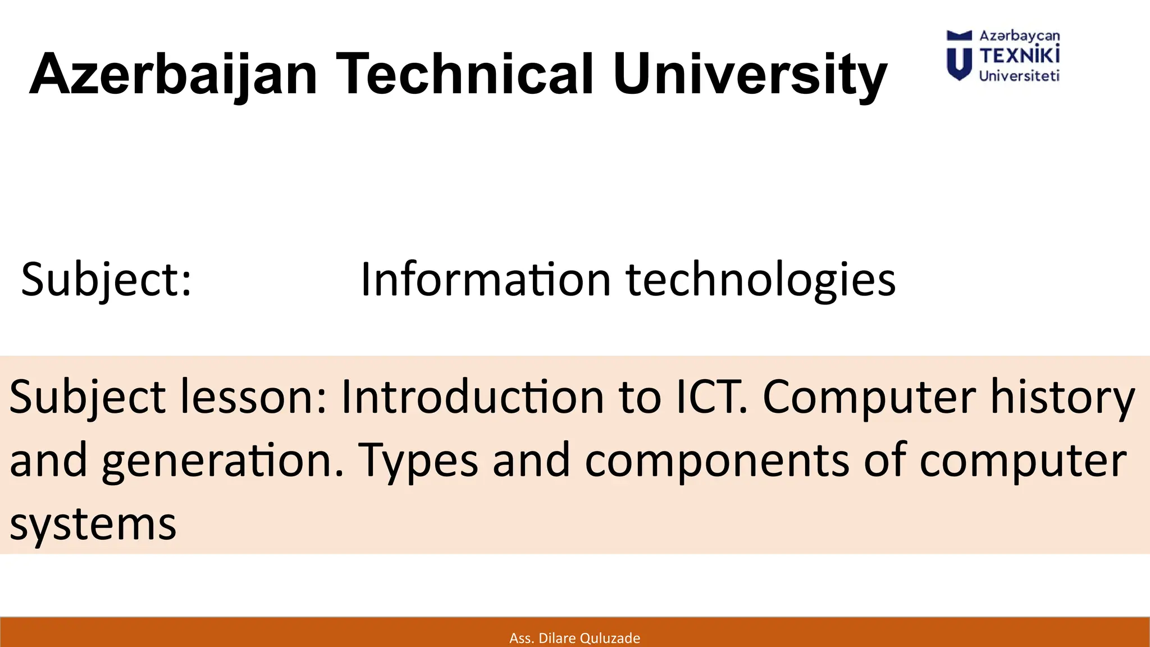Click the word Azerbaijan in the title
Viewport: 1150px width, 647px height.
(173, 75)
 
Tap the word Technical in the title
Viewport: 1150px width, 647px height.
(464, 75)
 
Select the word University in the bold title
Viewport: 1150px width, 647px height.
(750, 75)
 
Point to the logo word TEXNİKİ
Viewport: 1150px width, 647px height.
(1019, 56)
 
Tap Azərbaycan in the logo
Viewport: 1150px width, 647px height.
(1019, 36)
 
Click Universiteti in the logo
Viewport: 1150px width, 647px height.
(1019, 76)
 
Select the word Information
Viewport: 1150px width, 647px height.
(485, 279)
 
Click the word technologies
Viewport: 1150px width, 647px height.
(760, 279)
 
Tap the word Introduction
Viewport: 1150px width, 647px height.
(472, 397)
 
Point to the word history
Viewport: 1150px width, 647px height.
(1062, 397)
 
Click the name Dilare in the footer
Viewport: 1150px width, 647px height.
(557, 638)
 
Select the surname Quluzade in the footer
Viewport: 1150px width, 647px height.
(609, 638)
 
